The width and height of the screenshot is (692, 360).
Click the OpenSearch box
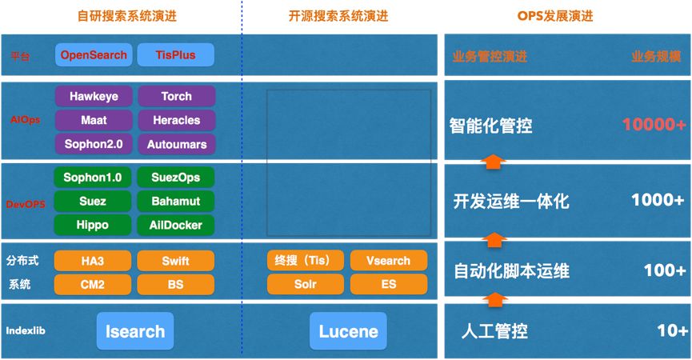(x=94, y=55)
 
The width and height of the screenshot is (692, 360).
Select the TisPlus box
(x=176, y=55)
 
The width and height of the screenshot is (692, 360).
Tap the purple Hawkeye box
(x=94, y=96)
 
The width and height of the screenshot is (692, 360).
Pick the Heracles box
(x=176, y=120)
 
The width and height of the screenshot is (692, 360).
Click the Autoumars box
(x=176, y=145)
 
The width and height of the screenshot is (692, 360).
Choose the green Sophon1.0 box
(x=93, y=177)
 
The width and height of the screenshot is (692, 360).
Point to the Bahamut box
(x=176, y=201)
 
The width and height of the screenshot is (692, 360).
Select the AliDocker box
(x=176, y=225)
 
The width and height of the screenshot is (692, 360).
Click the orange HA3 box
(x=93, y=261)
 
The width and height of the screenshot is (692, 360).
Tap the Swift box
(x=176, y=261)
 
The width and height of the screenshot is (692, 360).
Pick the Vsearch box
(x=388, y=261)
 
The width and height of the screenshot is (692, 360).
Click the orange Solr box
(x=305, y=284)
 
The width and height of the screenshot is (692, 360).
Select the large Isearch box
(x=134, y=331)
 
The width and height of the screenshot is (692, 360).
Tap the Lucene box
(x=348, y=331)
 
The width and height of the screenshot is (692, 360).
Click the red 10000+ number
(x=654, y=126)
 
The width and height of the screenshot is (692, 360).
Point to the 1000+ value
(x=658, y=199)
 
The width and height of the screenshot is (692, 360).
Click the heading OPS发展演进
(x=567, y=16)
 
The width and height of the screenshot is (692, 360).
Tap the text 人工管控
(x=495, y=331)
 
